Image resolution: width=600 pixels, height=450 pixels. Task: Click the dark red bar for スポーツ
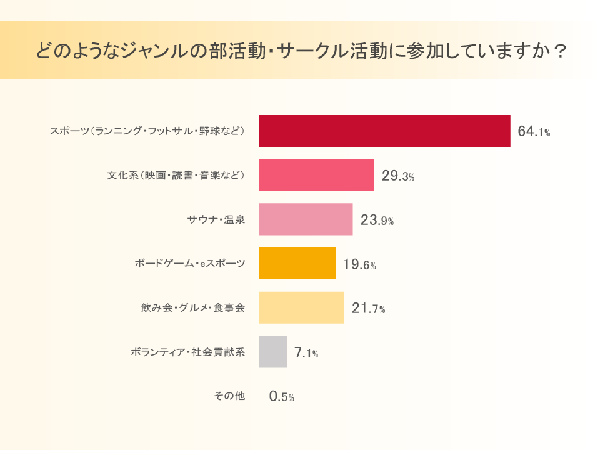[x=384, y=131]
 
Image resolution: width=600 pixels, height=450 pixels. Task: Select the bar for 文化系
[x=316, y=176]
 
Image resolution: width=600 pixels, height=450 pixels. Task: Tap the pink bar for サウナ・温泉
[x=306, y=219]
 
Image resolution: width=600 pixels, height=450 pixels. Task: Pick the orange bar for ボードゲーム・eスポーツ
[x=297, y=264]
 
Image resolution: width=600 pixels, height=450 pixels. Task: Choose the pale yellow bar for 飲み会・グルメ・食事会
[x=301, y=307]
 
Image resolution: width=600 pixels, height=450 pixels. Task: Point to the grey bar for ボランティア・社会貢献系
[x=273, y=352]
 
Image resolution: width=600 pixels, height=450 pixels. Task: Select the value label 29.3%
[x=398, y=176]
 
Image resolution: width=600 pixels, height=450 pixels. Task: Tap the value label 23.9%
[x=377, y=221]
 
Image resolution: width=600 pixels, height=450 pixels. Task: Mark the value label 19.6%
[x=359, y=265]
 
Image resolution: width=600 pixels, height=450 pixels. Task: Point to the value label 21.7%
[x=368, y=309]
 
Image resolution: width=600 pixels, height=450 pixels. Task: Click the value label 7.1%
[x=306, y=353]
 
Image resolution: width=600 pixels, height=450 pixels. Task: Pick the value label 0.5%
[x=281, y=397]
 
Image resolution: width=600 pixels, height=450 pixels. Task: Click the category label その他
[x=229, y=396]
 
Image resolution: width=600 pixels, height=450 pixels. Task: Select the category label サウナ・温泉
[x=216, y=219]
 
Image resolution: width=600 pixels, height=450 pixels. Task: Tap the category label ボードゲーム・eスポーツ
[x=190, y=264]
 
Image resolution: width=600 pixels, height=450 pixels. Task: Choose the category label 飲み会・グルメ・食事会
[x=193, y=308]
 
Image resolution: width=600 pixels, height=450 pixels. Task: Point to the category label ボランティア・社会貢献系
[x=188, y=352]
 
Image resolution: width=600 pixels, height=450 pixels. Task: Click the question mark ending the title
[x=560, y=51]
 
